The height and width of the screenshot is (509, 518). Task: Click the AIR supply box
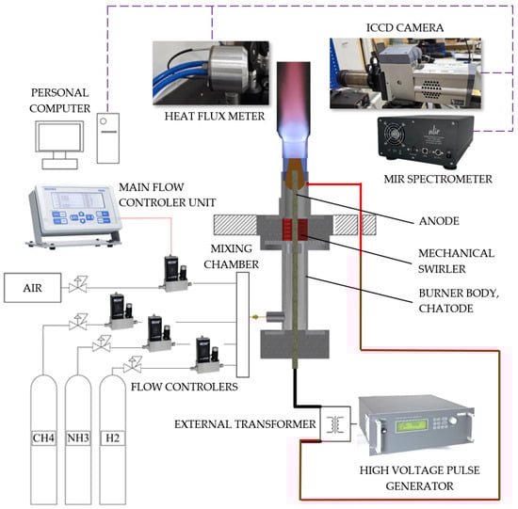coord(32,288)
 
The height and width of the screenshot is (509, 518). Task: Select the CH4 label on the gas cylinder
coord(43,438)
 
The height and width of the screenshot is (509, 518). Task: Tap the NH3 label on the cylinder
coord(78,438)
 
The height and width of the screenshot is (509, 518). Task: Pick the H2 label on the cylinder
coord(113,438)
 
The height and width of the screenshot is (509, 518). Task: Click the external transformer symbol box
coord(335,423)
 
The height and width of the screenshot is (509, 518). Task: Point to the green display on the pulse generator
coord(412,426)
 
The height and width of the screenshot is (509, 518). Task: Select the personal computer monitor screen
coord(59,136)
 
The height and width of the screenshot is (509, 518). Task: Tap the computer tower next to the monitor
coord(108,138)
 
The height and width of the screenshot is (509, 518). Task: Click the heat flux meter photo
coord(211,73)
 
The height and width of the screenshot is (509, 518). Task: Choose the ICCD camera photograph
coord(405,73)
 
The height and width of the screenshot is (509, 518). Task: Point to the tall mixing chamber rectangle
coord(243,325)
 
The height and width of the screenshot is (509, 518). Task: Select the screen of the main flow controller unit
coord(78,200)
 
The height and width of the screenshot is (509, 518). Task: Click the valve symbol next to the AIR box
coord(78,285)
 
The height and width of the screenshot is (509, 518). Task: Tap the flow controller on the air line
coord(175,274)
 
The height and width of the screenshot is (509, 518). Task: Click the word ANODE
coord(439,221)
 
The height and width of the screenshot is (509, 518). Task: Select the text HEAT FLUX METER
coord(215,116)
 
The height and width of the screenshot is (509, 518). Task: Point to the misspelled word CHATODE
coord(446,309)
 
